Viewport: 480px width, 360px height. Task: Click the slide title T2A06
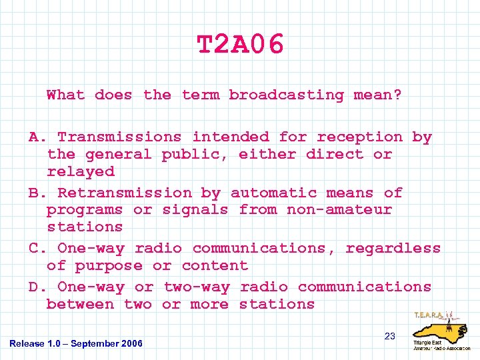tap(240, 45)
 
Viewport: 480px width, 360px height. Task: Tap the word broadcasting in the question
tap(286, 95)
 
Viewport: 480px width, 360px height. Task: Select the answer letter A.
tap(33, 137)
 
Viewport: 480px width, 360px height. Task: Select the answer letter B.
tap(33, 193)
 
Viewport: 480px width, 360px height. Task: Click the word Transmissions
tap(119, 137)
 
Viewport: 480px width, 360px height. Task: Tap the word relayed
tap(81, 171)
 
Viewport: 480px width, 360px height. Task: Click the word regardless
tap(393, 249)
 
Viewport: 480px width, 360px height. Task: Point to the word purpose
tap(109, 266)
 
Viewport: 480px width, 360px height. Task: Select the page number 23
tap(390, 336)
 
